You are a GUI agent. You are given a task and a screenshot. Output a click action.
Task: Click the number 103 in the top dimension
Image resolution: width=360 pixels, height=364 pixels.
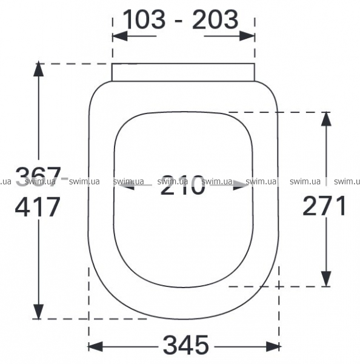coord(144,19)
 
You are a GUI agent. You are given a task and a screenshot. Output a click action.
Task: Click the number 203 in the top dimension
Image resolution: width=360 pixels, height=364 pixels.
coord(215,19)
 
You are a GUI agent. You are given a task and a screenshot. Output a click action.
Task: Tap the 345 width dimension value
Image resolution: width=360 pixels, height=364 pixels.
coord(186,345)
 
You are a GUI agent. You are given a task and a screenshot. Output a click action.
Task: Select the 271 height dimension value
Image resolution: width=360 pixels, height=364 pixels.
coord(324,206)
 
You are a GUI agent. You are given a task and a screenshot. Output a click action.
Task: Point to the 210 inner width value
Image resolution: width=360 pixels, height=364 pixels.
coord(183,185)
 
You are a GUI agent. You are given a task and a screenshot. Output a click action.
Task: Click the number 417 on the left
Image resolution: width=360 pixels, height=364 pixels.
coord(38,207)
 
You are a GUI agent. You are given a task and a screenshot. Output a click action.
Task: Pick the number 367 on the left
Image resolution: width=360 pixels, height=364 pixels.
coord(38,177)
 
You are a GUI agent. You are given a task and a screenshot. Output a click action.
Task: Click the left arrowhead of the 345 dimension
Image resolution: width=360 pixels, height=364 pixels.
coord(95,346)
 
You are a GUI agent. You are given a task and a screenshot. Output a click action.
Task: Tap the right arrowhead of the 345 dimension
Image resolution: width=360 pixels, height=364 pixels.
coord(273,346)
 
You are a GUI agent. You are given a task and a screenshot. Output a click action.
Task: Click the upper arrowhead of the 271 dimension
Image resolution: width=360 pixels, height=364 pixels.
coord(326,119)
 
